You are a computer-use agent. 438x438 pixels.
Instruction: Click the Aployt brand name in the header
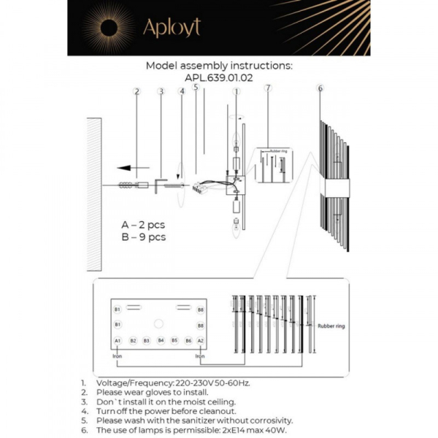[x=171, y=28]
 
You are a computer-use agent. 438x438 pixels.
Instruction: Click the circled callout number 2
[x=137, y=92]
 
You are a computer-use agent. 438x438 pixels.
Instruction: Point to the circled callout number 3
[x=161, y=92]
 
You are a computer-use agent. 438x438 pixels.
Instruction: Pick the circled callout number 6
[x=320, y=89]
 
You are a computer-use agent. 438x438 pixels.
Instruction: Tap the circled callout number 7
[x=268, y=89]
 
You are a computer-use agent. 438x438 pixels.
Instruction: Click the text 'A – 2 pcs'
[x=143, y=225]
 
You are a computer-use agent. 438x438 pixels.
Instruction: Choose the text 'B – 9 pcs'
[x=143, y=237]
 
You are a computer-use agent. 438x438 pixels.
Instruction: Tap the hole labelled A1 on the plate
[x=118, y=340]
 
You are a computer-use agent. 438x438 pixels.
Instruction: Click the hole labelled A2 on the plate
[x=201, y=340]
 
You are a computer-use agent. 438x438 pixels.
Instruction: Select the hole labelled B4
[x=161, y=340]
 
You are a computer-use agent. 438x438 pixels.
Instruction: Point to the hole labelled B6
[x=188, y=340]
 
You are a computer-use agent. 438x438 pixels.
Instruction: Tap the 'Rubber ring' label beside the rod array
[x=329, y=328]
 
